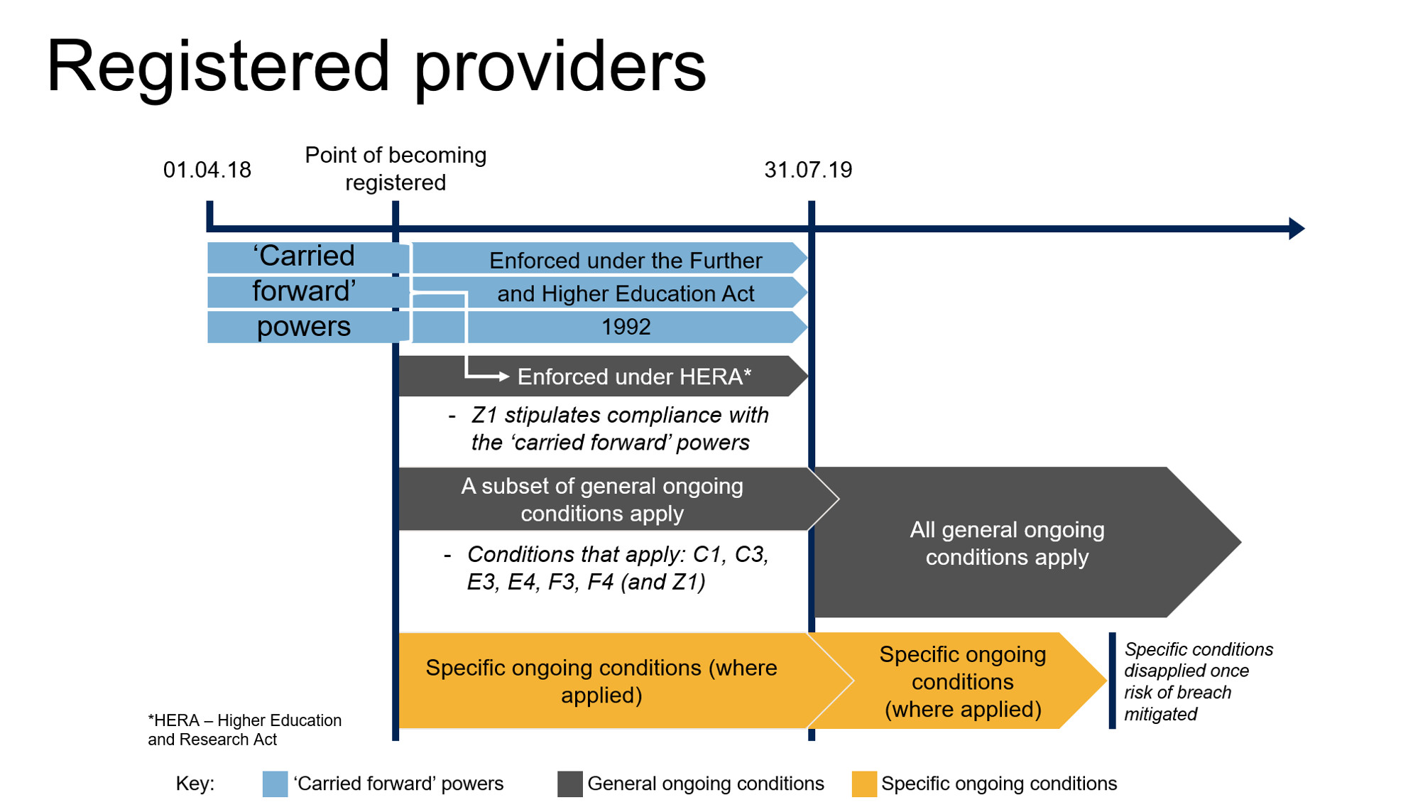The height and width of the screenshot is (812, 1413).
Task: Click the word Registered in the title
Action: pos(217,67)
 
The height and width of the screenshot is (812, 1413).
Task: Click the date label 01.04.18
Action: pos(207,170)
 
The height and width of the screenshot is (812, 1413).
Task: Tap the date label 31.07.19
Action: pos(807,170)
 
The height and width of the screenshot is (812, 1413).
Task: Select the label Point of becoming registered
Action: pos(395,168)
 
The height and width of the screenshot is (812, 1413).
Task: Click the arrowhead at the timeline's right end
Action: pos(1296,228)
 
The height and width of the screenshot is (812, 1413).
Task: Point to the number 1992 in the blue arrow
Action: pos(626,327)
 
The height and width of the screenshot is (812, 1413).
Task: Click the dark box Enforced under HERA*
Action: pos(633,377)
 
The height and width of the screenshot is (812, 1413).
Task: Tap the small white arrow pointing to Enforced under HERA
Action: pos(501,377)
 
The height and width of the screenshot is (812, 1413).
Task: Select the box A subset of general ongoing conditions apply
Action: pos(601,499)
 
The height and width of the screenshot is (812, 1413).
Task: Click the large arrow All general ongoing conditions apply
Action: pos(1006,543)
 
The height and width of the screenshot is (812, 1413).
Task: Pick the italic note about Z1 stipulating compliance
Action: pos(611,428)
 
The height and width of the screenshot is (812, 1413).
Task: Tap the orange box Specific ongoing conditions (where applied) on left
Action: pos(601,681)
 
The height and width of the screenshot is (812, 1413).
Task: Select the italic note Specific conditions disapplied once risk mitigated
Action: pos(1198,681)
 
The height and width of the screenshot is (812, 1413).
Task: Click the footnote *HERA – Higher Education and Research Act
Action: pos(244,730)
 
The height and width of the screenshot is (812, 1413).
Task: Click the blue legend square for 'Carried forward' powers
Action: pos(275,784)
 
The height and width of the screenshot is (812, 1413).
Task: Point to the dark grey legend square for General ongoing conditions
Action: pos(569,784)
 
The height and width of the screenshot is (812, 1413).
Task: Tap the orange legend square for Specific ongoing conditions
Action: pos(863,784)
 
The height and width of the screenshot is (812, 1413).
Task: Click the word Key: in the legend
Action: pos(195,784)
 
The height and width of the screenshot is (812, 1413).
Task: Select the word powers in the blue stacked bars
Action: pos(304,327)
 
